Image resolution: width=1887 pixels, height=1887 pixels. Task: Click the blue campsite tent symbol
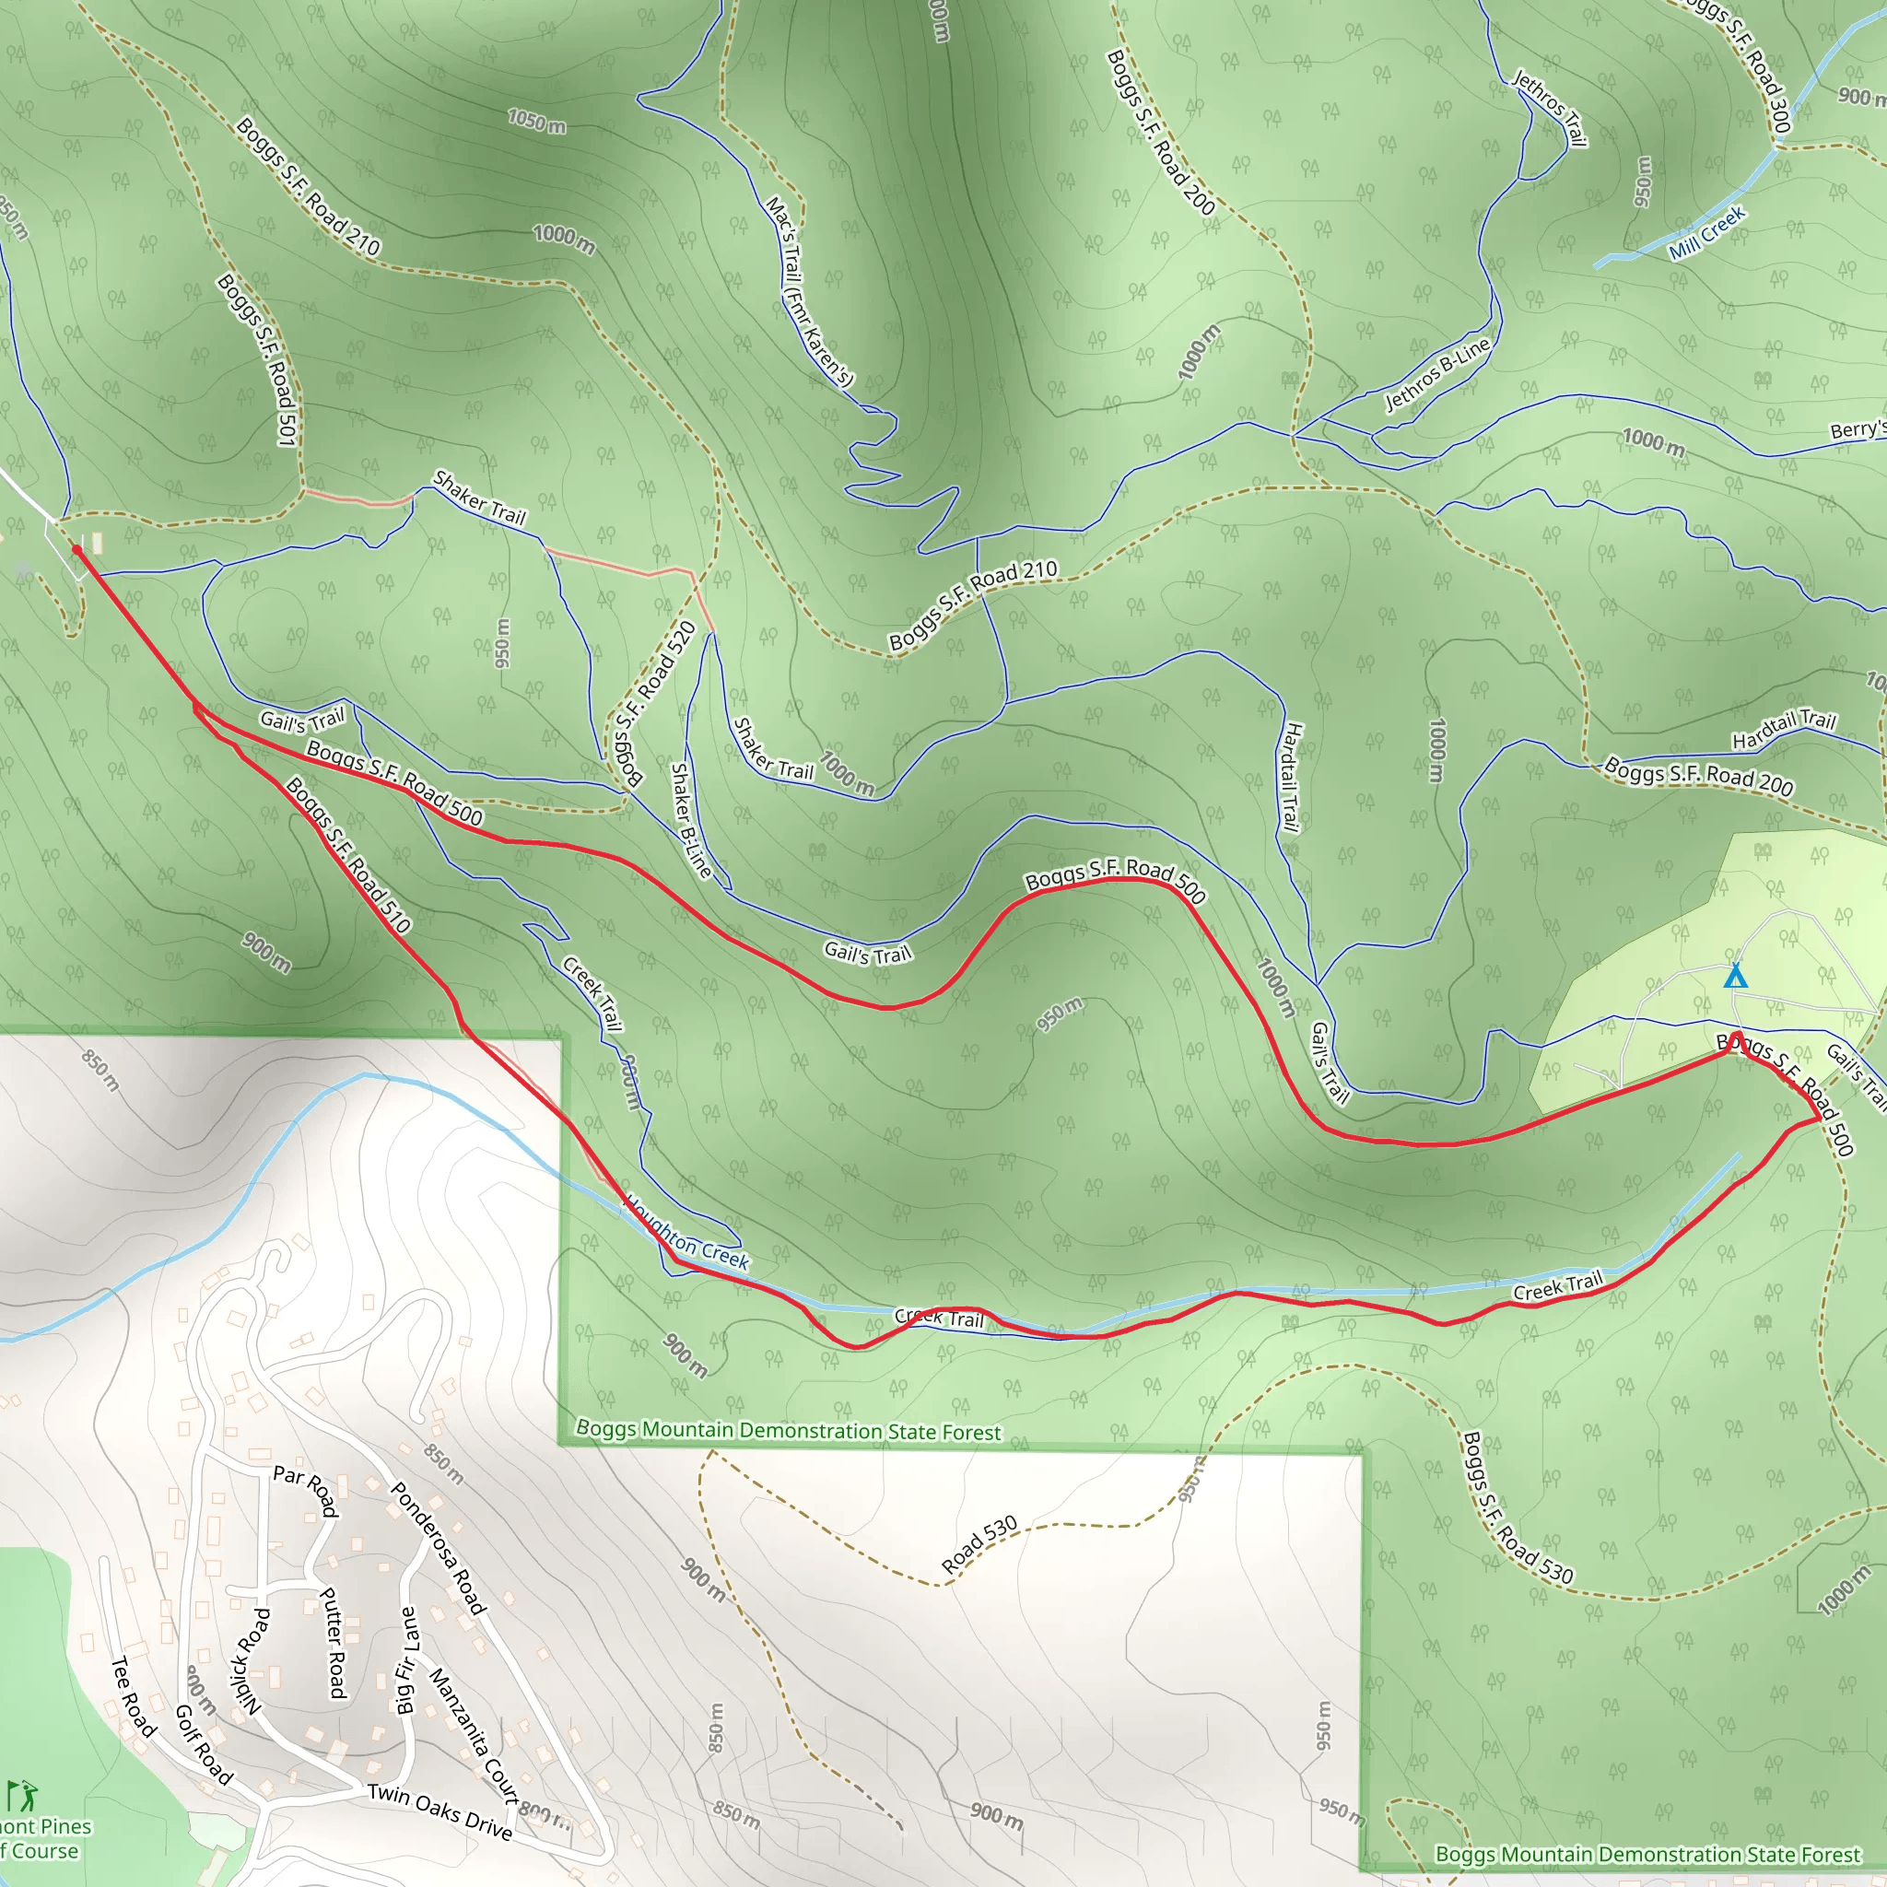tap(1735, 976)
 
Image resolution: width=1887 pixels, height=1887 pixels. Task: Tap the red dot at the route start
tap(77, 551)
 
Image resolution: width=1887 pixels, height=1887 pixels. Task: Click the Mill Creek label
tap(1706, 233)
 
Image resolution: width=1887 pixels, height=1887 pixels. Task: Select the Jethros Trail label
tap(1549, 108)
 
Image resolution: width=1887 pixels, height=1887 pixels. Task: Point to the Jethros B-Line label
tap(1437, 374)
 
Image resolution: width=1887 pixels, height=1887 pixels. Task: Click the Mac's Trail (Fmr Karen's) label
tap(809, 291)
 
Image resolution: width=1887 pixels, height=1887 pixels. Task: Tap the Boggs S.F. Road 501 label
tap(257, 359)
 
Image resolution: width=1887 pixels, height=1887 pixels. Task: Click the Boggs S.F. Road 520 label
tap(654, 702)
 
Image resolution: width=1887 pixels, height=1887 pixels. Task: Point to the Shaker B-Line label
tap(690, 819)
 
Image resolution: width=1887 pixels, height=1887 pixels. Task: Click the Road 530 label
tap(979, 1544)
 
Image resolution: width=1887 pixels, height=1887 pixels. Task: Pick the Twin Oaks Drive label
tap(440, 1811)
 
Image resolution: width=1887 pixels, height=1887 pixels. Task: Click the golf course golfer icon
tap(22, 1793)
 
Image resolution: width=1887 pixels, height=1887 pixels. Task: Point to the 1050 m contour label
tap(536, 121)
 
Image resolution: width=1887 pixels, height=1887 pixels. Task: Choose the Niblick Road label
tap(248, 1660)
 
